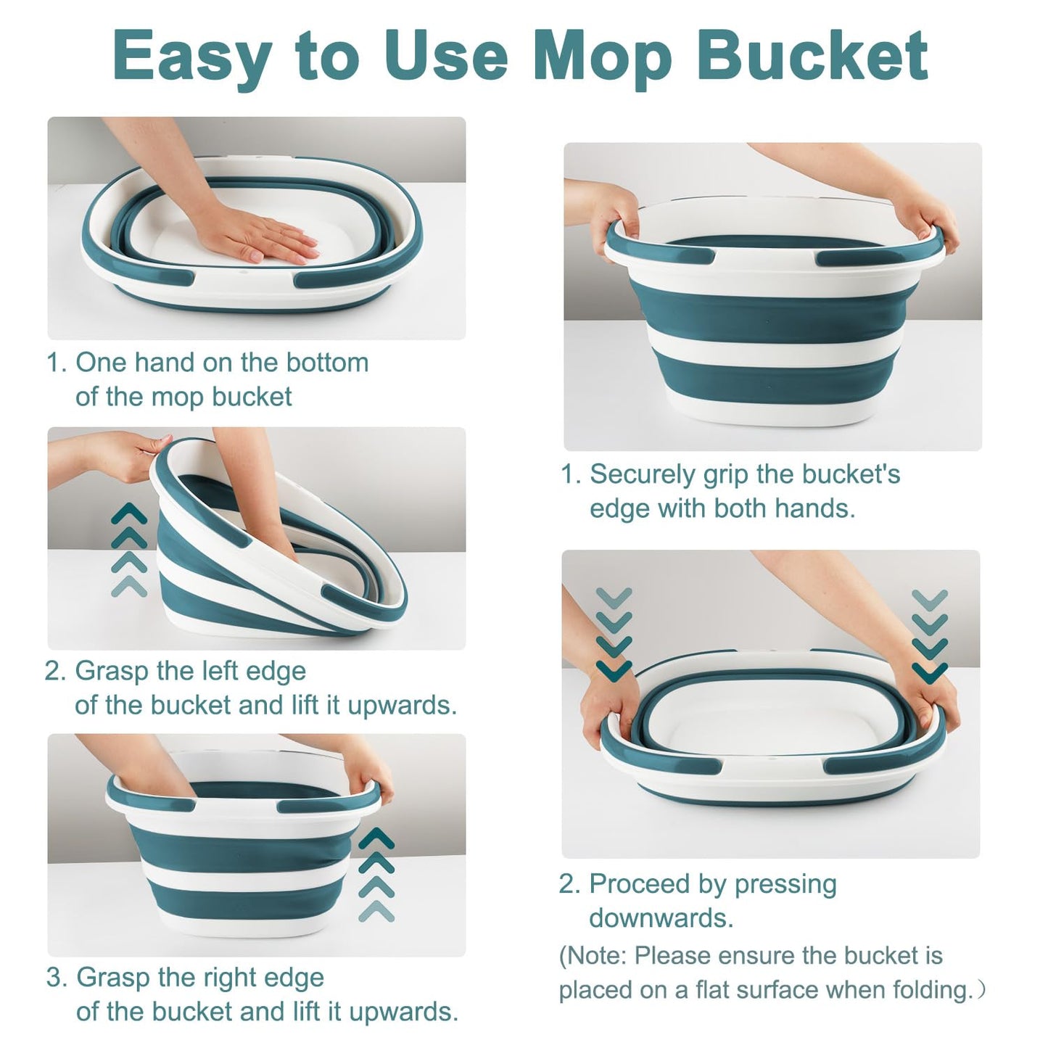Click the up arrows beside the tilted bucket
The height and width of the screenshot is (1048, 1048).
pos(130,550)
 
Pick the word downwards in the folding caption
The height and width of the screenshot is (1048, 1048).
pos(660,918)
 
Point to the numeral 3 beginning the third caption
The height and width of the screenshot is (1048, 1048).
pos(55,978)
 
